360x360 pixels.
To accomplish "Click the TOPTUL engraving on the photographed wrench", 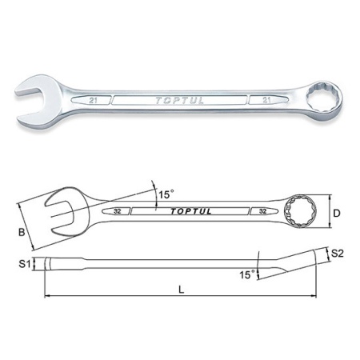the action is pyautogui.click(x=179, y=100).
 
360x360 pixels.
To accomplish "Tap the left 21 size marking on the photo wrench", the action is pyautogui.click(x=93, y=101).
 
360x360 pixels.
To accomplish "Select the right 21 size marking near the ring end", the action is pyautogui.click(x=266, y=100).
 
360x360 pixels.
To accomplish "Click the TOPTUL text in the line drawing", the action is pyautogui.click(x=191, y=211).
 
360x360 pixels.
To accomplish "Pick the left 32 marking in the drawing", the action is pyautogui.click(x=117, y=211).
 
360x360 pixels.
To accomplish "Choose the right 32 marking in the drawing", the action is pyautogui.click(x=262, y=211).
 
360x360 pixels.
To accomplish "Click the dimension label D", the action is pyautogui.click(x=337, y=213).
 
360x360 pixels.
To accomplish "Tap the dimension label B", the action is pyautogui.click(x=22, y=232).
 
